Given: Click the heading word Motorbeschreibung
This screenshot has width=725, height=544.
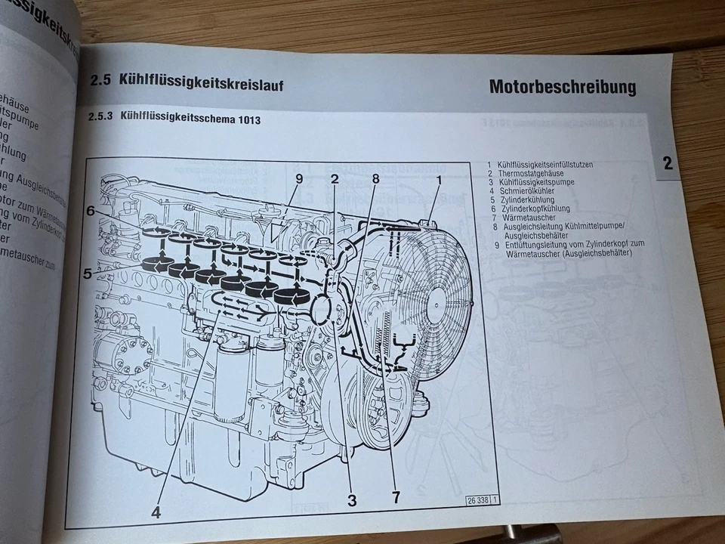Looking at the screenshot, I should (562, 87).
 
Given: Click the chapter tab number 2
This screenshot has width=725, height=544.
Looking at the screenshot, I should (668, 163).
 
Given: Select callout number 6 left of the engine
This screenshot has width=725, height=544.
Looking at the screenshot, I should (90, 212).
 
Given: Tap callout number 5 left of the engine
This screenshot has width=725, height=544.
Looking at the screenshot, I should (87, 274).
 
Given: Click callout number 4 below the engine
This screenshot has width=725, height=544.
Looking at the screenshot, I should (156, 512).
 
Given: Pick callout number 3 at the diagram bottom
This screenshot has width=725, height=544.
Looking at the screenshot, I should (352, 499).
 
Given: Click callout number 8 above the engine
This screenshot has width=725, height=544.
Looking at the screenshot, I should (375, 179).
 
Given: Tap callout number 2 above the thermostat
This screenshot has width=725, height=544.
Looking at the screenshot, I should (335, 179).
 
